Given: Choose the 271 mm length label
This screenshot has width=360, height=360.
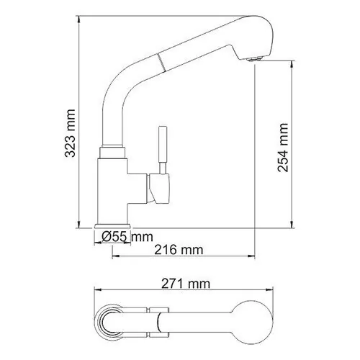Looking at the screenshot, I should [x=185, y=284].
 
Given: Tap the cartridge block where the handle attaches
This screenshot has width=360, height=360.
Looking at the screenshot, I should [x=158, y=187].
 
